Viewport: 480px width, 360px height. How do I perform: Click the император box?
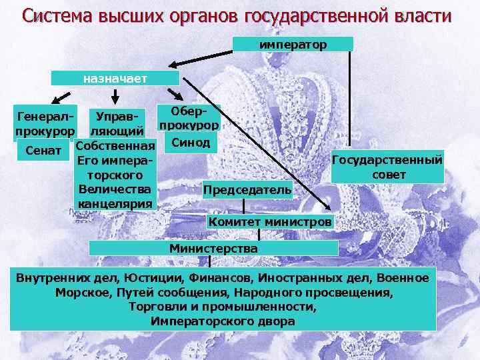tap(293, 44)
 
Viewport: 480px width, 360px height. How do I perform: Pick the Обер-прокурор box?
tap(189, 117)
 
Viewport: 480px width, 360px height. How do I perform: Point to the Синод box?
tap(189, 143)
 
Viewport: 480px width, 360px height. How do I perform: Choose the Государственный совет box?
tap(387, 167)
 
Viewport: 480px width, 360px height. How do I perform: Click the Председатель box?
tap(247, 190)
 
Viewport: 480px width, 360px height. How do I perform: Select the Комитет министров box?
tap(270, 221)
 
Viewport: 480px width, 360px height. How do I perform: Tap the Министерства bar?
tap(213, 248)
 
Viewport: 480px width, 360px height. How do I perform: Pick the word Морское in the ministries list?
tap(80, 292)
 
